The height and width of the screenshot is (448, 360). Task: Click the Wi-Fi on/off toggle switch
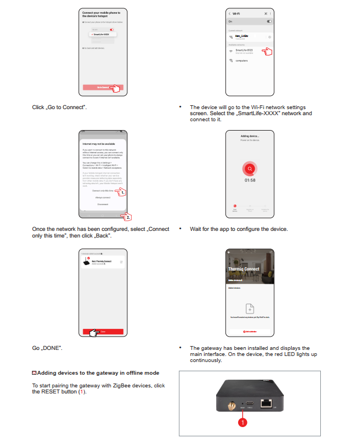(x=269, y=21)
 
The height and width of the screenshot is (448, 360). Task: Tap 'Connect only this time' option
(x=102, y=190)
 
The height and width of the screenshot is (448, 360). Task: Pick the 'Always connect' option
(x=103, y=197)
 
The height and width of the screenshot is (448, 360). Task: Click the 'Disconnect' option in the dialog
(x=103, y=204)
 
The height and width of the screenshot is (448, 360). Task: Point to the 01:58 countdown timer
(x=250, y=180)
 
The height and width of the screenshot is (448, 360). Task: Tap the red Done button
(x=103, y=331)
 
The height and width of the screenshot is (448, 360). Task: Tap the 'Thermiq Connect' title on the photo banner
(x=244, y=269)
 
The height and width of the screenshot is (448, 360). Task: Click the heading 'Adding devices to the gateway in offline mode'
(x=98, y=373)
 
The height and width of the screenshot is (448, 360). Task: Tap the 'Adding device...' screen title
(x=250, y=136)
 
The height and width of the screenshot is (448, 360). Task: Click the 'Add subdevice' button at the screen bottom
(x=250, y=331)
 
